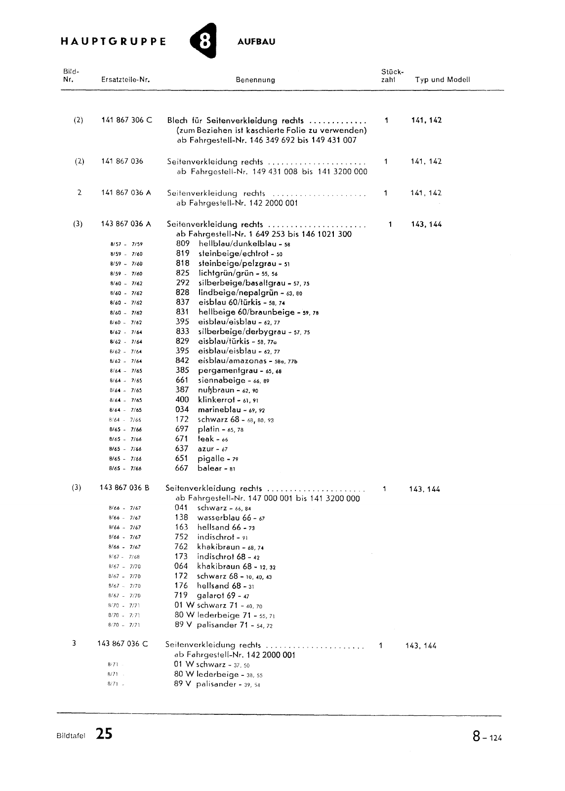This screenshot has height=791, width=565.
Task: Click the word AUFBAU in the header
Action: pos(256,42)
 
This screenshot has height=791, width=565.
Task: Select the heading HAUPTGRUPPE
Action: pos(113,42)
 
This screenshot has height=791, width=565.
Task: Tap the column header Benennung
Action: pos(255,80)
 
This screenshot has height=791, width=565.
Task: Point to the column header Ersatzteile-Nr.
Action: pos(125,80)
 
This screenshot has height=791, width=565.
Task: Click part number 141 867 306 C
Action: pos(127,120)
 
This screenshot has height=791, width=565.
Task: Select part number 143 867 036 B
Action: pos(124,488)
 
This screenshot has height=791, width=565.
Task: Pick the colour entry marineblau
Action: pos(219,410)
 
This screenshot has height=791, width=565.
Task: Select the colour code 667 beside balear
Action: pos(182,468)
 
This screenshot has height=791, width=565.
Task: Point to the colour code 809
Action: pos(183,244)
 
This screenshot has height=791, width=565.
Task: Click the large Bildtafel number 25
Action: pos(104,734)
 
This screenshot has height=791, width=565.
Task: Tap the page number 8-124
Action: pos(486,737)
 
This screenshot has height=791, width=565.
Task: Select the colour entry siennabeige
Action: pos(222,380)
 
